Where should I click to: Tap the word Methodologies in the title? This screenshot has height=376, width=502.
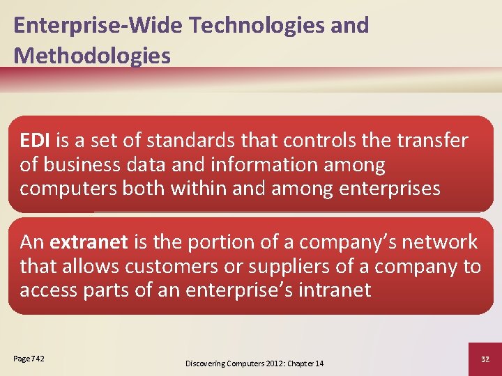[x=92, y=56]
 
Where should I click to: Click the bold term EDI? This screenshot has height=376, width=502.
[x=34, y=141]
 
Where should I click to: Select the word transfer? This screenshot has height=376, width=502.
[x=433, y=141]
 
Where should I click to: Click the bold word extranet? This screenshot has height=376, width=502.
[x=89, y=242]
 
